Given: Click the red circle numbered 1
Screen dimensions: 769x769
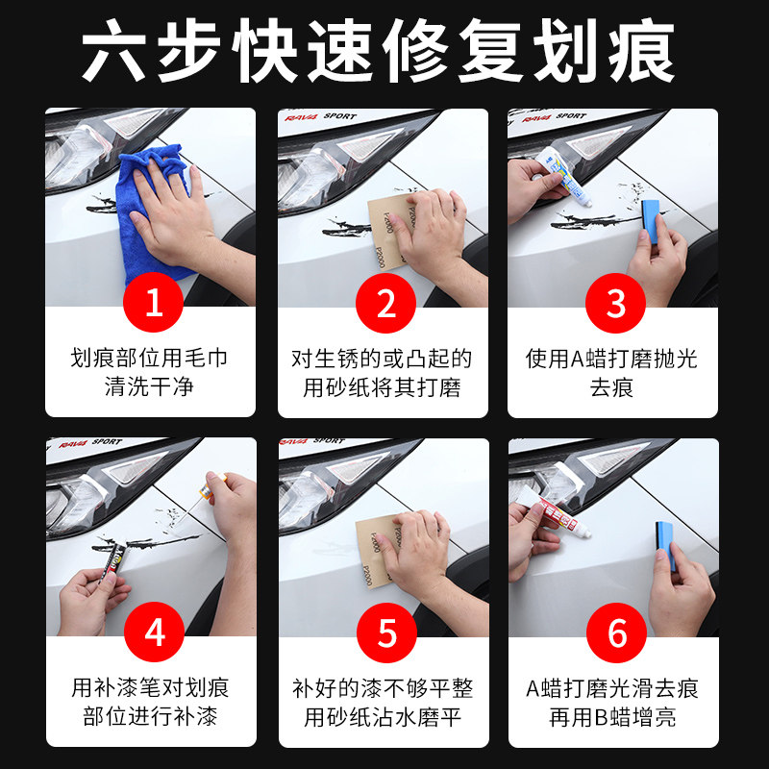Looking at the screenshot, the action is point(153,302).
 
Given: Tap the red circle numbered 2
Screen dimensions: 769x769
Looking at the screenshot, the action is point(385,303).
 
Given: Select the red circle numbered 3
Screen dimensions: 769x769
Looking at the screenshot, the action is point(615,303).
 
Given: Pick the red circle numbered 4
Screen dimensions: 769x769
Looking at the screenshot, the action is point(154,633).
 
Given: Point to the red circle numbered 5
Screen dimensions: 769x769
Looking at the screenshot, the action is point(386,633).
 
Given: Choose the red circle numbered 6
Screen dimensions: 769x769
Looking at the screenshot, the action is point(616,633).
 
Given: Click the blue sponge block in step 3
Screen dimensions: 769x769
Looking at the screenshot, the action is point(651,221).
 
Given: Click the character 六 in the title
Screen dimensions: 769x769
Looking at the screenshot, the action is point(113,52).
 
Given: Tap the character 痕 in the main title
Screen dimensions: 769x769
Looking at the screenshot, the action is point(641,51).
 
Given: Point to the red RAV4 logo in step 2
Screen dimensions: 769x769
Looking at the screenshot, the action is point(301,117).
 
